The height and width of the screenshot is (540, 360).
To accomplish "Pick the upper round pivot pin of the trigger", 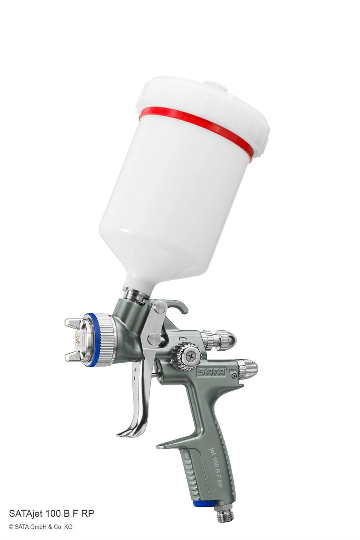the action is pyautogui.click(x=160, y=306).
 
